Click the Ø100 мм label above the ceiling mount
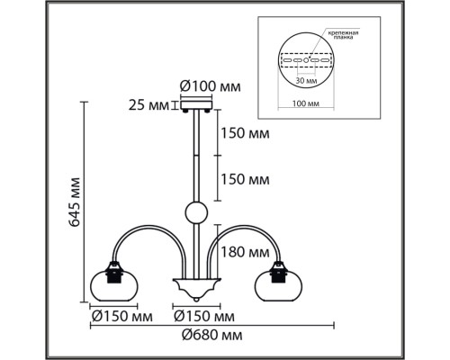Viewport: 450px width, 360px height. pyautogui.click(x=210, y=87)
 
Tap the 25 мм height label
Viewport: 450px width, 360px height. pyautogui.click(x=148, y=105)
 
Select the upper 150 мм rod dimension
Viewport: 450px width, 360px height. pyautogui.click(x=245, y=133)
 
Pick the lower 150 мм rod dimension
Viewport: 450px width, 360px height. pyautogui.click(x=245, y=179)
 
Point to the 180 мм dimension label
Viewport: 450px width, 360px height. pyautogui.click(x=245, y=252)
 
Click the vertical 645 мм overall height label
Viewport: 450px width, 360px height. pyautogui.click(x=75, y=202)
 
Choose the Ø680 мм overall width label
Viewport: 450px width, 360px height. pyautogui.click(x=212, y=335)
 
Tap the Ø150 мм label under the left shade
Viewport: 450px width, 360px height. pyautogui.click(x=122, y=316)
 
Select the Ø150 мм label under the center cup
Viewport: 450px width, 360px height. pyautogui.click(x=204, y=316)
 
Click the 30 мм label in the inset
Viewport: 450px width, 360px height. pyautogui.click(x=306, y=81)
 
